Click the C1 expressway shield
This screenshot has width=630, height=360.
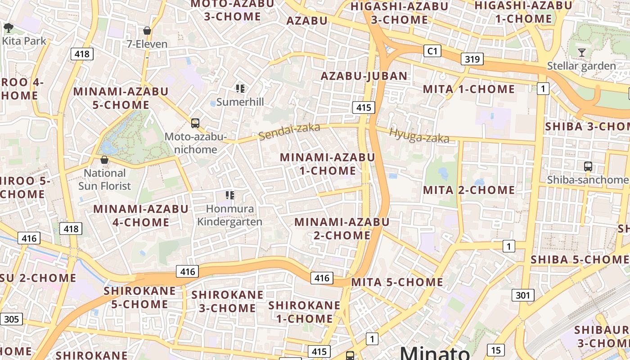(432, 51)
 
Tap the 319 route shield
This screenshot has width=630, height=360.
(472, 59)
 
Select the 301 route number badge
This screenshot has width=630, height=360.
(522, 295)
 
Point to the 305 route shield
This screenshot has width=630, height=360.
(11, 319)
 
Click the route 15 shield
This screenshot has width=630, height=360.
(495, 350)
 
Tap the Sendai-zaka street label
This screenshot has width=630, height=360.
(289, 131)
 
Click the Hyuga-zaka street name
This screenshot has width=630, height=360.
(419, 135)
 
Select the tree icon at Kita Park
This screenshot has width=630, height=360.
(8, 28)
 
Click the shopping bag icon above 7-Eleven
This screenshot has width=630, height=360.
(147, 31)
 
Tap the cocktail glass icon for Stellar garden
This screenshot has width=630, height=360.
(581, 53)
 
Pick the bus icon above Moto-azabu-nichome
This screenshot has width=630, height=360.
(195, 123)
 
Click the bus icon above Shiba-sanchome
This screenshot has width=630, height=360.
(588, 166)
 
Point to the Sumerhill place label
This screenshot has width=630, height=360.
(240, 102)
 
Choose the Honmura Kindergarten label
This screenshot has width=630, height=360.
(229, 215)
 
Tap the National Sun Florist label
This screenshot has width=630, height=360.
(104, 179)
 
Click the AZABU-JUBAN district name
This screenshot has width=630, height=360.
(364, 76)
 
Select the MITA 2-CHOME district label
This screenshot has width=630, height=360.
(469, 190)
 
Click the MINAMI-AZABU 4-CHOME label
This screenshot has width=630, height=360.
(140, 216)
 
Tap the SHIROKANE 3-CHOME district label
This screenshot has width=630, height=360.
(227, 301)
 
